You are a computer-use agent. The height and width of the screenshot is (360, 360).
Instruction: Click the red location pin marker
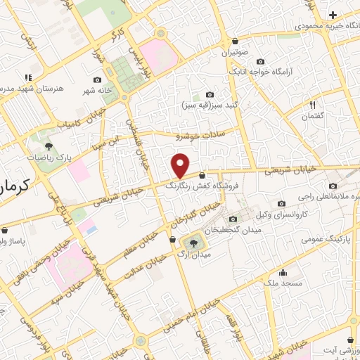click(180, 166)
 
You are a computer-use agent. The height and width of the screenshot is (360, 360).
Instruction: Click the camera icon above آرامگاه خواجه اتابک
click(261, 61)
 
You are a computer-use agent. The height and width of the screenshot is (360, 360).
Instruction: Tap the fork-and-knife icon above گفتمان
click(314, 105)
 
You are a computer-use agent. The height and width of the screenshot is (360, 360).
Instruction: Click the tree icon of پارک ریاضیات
click(48, 146)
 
